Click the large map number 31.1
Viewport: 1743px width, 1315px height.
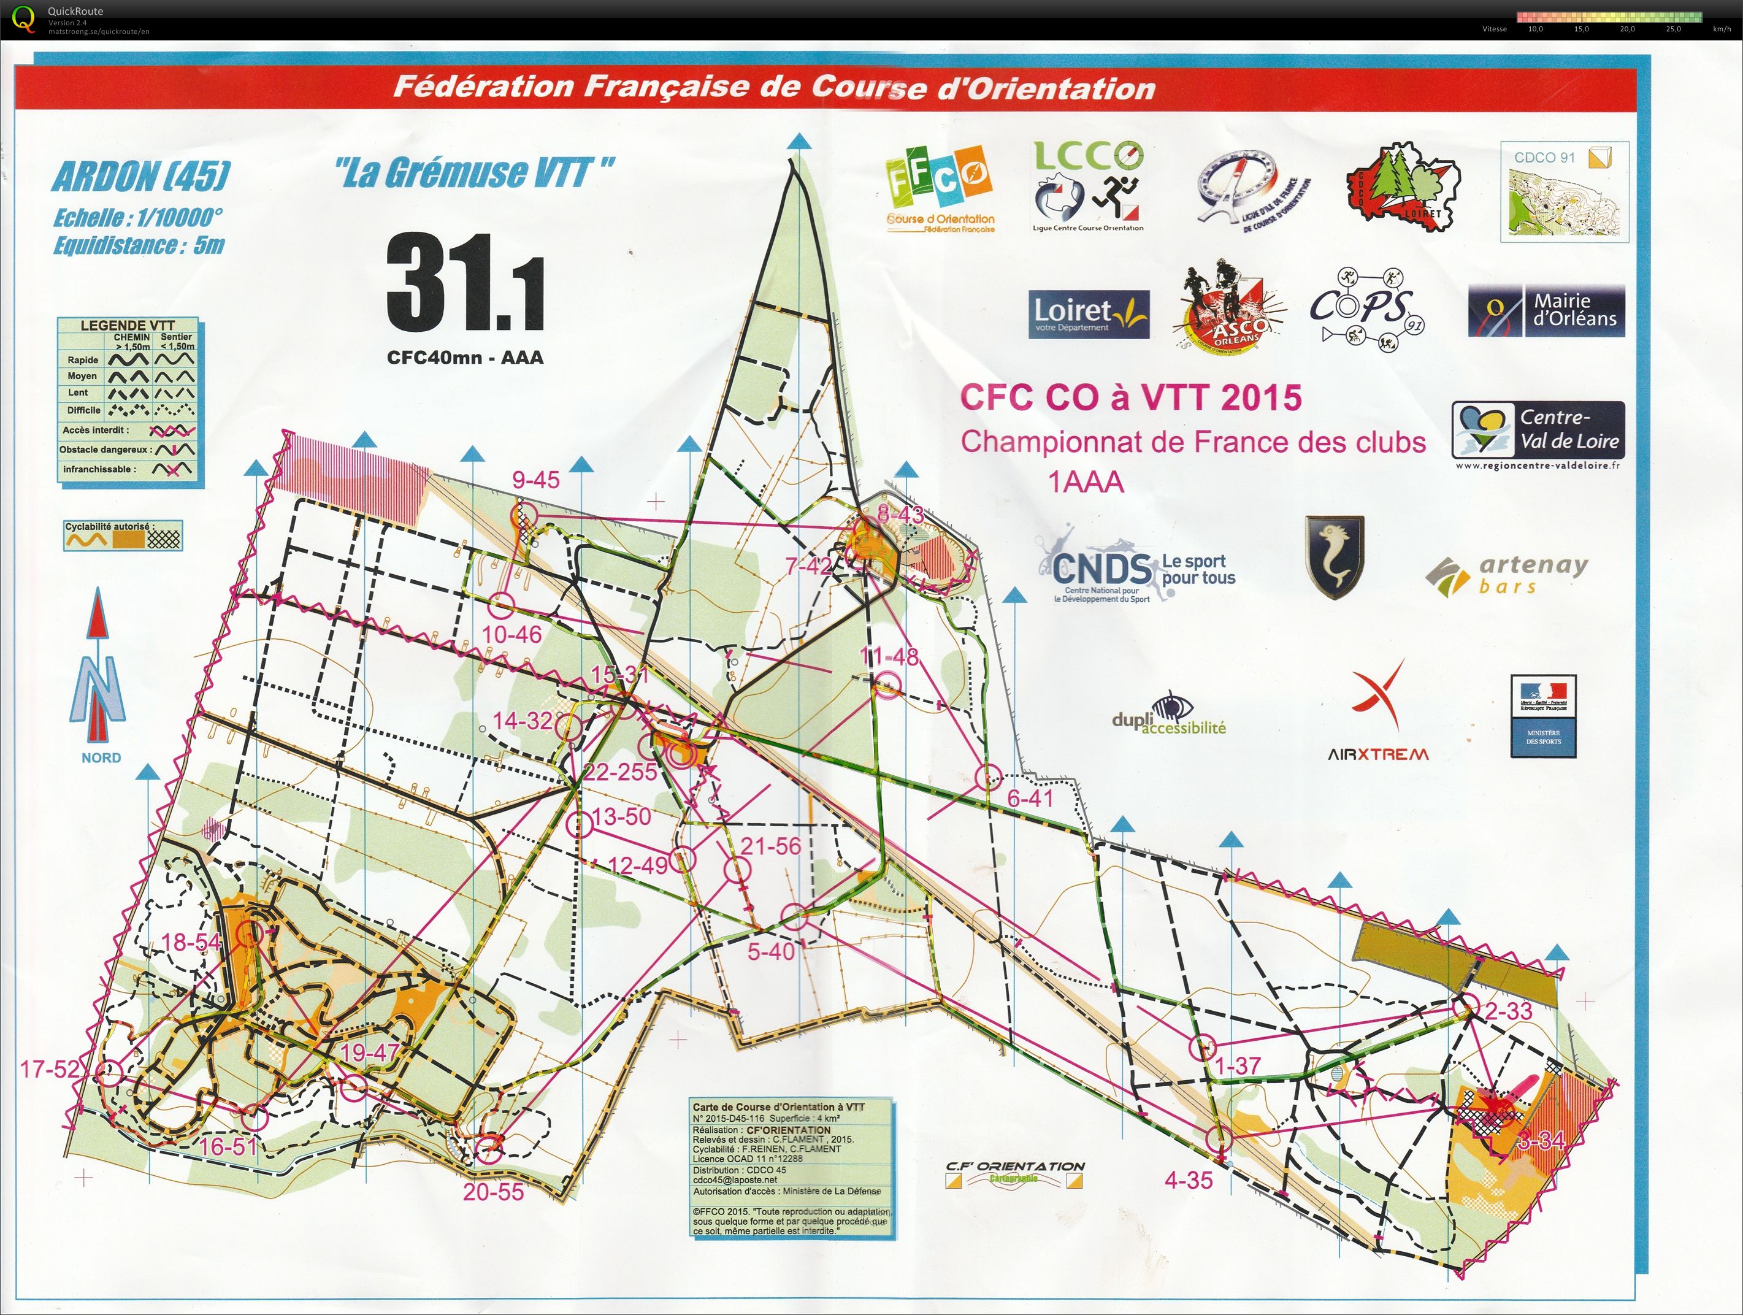465,287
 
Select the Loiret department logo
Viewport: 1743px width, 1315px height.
1088,315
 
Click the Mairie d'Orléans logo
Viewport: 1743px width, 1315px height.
1546,311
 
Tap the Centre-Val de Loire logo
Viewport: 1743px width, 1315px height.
1538,431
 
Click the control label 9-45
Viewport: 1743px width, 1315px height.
536,479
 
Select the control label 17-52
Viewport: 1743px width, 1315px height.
50,1069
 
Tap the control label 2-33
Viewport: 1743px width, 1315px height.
1508,1011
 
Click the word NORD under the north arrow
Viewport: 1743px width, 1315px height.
101,758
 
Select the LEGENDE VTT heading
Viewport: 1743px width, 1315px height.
128,324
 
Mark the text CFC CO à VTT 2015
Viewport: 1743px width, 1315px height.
1131,398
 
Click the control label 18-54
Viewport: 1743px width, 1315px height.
191,942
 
